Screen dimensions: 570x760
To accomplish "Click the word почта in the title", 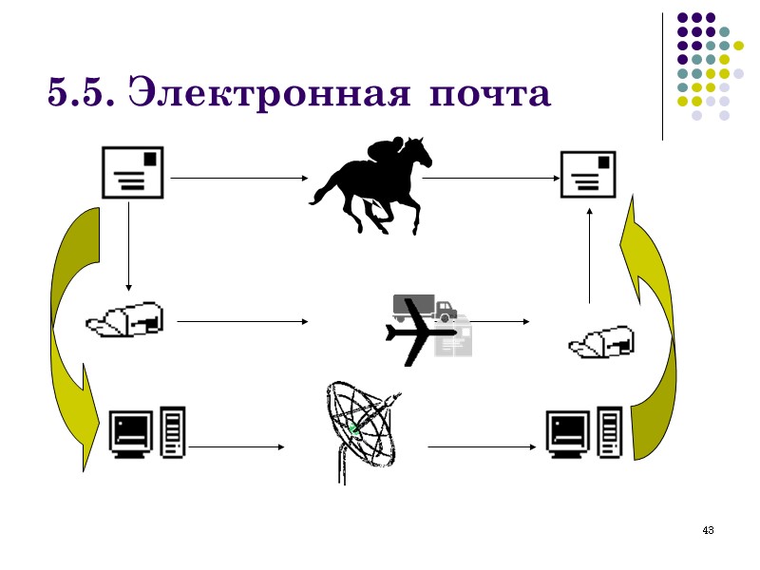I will [489, 95].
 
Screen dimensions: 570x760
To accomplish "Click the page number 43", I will [707, 529].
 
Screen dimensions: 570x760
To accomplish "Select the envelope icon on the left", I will [132, 172].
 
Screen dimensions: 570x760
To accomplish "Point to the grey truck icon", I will [426, 307].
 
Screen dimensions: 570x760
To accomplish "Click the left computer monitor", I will [132, 433].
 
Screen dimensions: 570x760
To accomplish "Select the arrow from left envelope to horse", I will [237, 178].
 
